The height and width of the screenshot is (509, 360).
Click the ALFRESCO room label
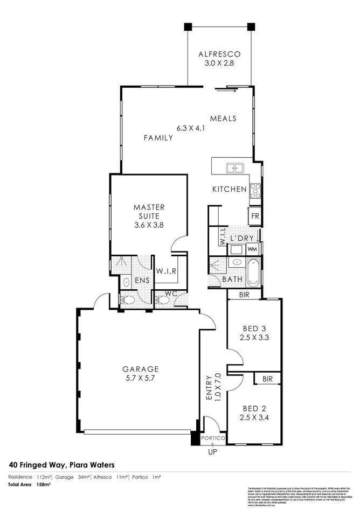[x=218, y=54]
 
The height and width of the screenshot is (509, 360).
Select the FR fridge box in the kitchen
[x=254, y=217]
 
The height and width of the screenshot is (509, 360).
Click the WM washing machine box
[x=252, y=249]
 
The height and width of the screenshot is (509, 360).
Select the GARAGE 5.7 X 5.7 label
[x=140, y=373]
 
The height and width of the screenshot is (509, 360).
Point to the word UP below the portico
[x=212, y=452]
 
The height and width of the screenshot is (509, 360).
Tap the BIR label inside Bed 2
[x=267, y=379]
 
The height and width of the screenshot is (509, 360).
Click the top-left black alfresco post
[x=188, y=26]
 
